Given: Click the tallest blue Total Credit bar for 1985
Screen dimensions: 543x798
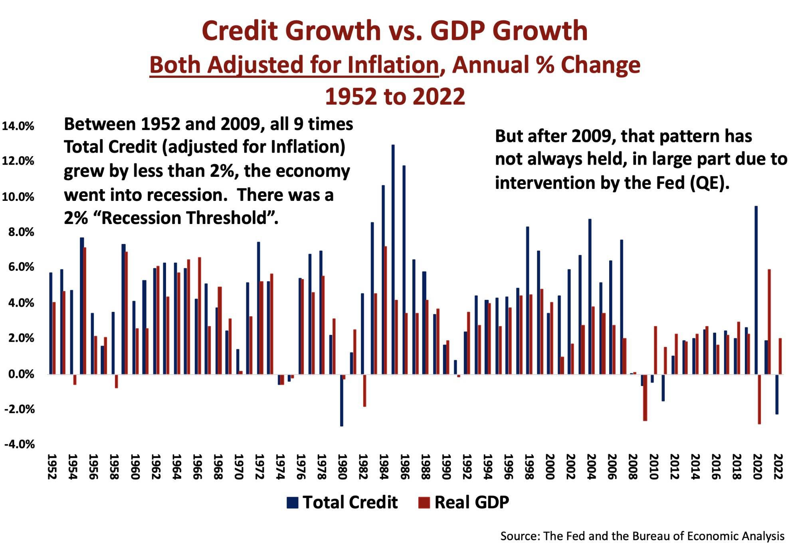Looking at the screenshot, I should click(x=393, y=260).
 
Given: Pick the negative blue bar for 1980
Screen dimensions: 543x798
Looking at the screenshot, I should click(x=341, y=400).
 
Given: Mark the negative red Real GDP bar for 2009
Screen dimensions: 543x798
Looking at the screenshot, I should click(x=645, y=398).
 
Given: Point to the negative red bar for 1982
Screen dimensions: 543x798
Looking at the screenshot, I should click(x=364, y=390).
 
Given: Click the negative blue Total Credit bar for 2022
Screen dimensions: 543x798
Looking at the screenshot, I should click(x=776, y=394).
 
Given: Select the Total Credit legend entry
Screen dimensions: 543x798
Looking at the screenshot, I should click(x=342, y=502).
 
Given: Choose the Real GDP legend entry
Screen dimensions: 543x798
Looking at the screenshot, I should click(x=463, y=502).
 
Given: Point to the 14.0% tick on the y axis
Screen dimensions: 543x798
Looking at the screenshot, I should click(x=18, y=126).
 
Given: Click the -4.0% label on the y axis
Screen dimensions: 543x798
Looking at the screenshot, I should click(x=19, y=444).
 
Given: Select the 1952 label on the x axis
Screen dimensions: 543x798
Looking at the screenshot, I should click(x=51, y=466).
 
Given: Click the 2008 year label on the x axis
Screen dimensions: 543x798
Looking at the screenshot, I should click(x=632, y=466).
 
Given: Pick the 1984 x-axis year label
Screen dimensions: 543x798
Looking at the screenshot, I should click(x=383, y=466).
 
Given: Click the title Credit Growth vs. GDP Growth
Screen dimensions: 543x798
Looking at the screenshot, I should click(x=394, y=31).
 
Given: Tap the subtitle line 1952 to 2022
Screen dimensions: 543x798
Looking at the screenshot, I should click(x=395, y=97).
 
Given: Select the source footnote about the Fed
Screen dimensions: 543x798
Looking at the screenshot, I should click(x=642, y=535).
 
